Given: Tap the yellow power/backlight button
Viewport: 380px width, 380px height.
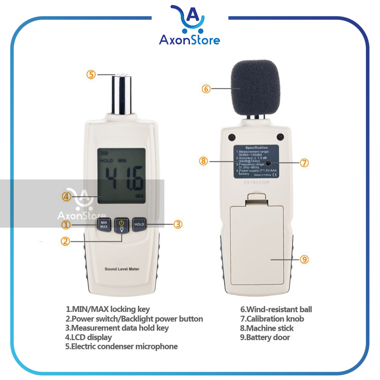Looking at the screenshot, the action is pos(121,225).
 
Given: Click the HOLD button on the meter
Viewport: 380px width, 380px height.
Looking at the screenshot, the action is pos(139,224).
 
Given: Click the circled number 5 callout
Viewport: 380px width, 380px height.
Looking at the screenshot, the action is pos(91,74).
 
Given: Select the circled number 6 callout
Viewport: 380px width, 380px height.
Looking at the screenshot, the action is pos(206,89).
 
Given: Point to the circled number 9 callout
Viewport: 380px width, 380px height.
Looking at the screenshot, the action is pos(304,259).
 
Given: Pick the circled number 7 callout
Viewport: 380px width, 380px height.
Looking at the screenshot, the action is pos(304,163).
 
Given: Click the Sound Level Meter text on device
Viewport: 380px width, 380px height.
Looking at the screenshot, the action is pos(122,269).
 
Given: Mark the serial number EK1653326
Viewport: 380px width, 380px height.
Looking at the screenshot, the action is pos(256,182).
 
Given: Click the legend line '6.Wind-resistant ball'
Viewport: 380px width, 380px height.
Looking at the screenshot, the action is pos(276,309).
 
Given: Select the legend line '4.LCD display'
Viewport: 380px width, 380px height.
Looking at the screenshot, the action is pos(88,337).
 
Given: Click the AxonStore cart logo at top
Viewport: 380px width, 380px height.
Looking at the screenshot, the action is pos(190,19).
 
